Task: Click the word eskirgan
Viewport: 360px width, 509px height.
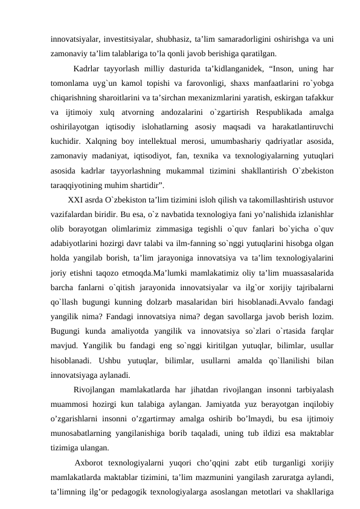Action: coord(275,96)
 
